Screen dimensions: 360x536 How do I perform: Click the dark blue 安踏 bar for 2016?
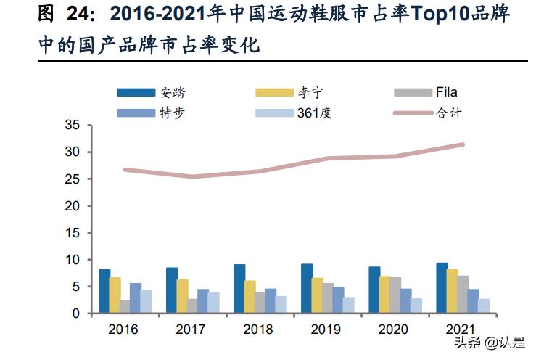[104, 291]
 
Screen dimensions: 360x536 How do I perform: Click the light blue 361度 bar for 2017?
[214, 303]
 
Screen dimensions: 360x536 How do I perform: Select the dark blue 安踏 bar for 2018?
[239, 289]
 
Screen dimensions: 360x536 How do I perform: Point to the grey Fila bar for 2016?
[125, 307]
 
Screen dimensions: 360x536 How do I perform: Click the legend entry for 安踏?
[156, 92]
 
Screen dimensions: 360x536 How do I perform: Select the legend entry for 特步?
[156, 112]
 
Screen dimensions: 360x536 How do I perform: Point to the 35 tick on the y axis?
[72, 125]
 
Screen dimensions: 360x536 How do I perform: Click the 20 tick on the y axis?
[72, 205]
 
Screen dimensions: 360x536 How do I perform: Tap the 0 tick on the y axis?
[75, 314]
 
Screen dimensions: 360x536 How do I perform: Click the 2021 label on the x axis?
[461, 330]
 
